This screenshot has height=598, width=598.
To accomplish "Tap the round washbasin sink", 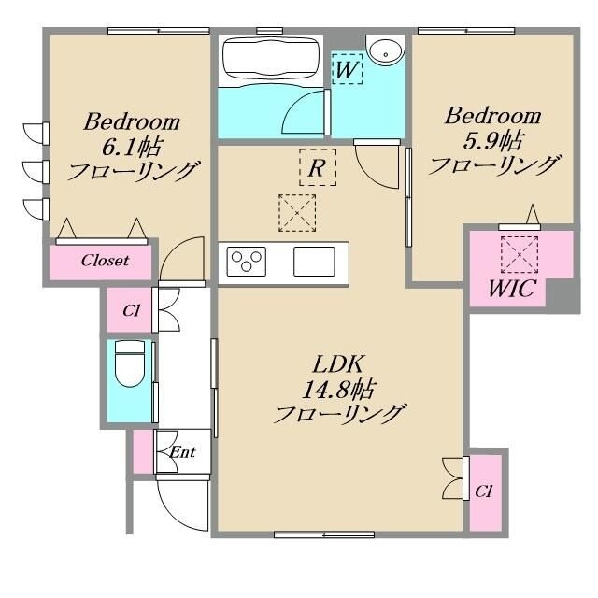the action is click(x=385, y=50).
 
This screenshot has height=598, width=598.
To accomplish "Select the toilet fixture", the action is click(x=130, y=363).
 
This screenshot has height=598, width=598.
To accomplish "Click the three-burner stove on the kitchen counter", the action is click(x=247, y=262).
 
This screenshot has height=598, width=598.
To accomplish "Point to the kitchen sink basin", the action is click(x=314, y=262).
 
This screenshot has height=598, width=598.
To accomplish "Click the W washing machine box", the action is click(x=347, y=69).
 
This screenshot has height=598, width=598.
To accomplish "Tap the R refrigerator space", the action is click(x=318, y=167).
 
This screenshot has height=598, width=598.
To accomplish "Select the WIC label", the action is click(x=512, y=289).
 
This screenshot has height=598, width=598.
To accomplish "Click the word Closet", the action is click(x=105, y=261).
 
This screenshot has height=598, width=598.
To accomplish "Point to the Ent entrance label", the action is click(x=182, y=452).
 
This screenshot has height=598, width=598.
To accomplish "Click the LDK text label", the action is click(x=337, y=364).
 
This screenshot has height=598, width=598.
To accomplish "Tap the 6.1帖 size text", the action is click(x=132, y=147).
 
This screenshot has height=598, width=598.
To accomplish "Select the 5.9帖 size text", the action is click(x=492, y=141).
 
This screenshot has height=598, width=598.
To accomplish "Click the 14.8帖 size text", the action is click(x=337, y=390).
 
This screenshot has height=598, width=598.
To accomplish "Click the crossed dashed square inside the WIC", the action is click(x=520, y=255).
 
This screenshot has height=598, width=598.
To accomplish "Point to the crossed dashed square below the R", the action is click(x=297, y=213).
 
